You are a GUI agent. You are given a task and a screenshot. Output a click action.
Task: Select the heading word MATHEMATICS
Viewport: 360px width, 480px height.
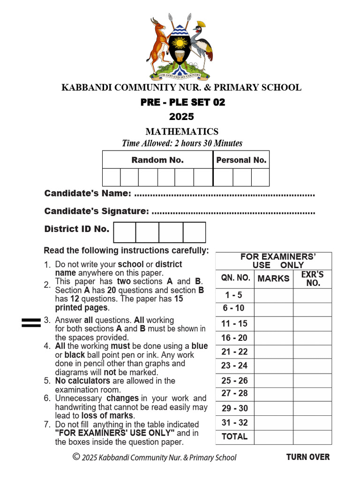pos(182,132)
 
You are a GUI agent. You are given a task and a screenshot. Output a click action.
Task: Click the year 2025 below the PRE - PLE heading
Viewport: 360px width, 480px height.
pos(181,117)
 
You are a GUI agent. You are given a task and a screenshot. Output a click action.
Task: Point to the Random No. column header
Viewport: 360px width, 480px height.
pos(157,160)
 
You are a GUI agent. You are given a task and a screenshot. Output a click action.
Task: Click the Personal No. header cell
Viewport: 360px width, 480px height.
pos(241,160)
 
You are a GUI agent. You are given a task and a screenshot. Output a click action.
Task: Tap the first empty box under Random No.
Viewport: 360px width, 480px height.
pos(112,177)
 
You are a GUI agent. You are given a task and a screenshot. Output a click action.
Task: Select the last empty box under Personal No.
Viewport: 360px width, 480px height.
pos(260,177)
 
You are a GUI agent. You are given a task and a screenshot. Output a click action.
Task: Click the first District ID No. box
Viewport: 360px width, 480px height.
pos(125,232)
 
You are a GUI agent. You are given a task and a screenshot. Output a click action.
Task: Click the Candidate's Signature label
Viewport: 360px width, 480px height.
pos(97,211)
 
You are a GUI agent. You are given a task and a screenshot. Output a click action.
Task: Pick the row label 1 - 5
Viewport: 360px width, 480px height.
pos(233,295)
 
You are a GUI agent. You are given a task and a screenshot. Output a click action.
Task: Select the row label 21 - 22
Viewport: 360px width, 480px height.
pos(234,352)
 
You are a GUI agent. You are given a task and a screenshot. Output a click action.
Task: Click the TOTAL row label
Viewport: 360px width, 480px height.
pos(234,436)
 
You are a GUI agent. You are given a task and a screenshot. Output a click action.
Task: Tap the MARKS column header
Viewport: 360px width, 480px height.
pos(273,278)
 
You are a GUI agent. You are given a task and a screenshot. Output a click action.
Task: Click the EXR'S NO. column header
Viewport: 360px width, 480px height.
pos(313,278)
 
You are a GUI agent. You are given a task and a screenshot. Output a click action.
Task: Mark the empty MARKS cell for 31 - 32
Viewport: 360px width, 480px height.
pos(273,422)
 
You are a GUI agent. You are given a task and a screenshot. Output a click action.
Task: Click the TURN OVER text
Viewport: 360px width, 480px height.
pos(308,457)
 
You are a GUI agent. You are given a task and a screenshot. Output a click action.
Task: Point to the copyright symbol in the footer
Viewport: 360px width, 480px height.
pos(76,457)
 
